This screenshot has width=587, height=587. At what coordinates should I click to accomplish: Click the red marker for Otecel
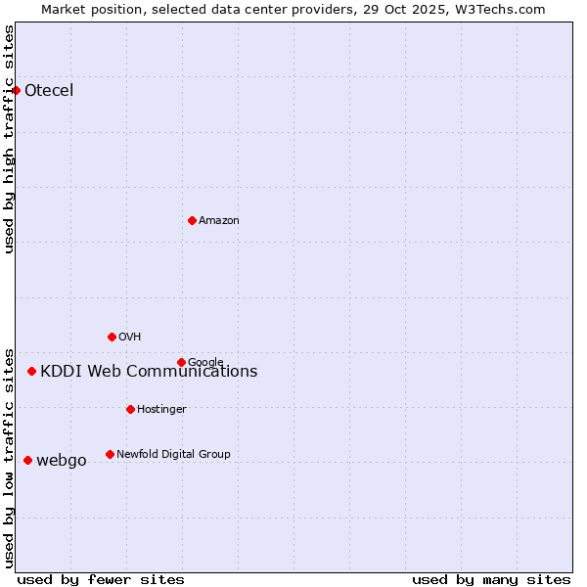[x=17, y=90]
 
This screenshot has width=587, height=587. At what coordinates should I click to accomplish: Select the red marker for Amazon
[x=192, y=220]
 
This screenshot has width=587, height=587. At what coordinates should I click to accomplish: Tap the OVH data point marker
[x=112, y=337]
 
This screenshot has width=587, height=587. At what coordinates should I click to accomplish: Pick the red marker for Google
[x=181, y=362]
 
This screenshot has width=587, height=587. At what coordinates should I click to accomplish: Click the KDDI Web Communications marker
[x=32, y=371]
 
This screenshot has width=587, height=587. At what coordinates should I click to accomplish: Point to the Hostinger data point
[x=130, y=409]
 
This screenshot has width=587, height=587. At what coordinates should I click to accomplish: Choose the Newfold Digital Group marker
[x=110, y=454]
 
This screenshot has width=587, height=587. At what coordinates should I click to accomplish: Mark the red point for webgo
[x=27, y=460]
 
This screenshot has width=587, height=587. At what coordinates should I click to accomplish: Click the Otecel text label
[x=49, y=91]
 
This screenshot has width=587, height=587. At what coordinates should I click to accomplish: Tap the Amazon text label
[x=219, y=221]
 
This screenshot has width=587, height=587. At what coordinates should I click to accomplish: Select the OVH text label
[x=130, y=338]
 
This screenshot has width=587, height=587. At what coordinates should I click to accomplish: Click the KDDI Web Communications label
[x=149, y=372]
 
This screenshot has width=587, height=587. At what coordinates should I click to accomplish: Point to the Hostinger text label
[x=161, y=409]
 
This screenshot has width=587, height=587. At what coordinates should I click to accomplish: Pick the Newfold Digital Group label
[x=173, y=454]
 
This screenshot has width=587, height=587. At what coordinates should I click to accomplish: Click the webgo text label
[x=62, y=461]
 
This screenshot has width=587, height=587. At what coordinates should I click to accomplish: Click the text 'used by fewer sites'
[x=101, y=579]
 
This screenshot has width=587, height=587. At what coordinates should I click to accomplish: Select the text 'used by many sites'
[x=491, y=579]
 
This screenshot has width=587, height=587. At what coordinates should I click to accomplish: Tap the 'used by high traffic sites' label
[x=10, y=139]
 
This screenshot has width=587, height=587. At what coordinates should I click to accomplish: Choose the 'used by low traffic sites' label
[x=10, y=457]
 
